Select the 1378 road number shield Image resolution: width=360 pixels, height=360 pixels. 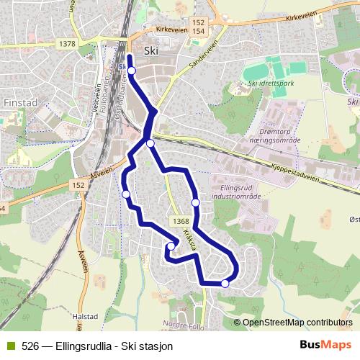(69, 45)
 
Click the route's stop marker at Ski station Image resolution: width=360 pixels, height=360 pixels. (131, 70)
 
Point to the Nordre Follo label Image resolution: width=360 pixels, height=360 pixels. (180, 323)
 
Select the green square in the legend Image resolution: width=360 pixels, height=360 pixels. (9, 346)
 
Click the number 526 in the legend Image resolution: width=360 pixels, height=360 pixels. (30, 346)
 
